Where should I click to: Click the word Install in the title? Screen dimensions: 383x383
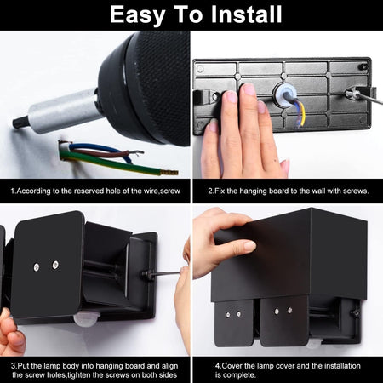click(247, 14)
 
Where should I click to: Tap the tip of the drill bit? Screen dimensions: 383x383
click(15, 123)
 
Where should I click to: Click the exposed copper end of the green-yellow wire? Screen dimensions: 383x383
click(169, 172)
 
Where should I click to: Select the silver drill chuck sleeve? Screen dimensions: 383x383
click(62, 111)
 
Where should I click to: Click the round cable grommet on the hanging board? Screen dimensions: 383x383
click(284, 94)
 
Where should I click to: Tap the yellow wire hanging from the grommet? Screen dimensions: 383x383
click(302, 112)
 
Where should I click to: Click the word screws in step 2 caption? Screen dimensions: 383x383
click(356, 191)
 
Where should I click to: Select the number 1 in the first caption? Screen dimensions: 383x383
click(13, 191)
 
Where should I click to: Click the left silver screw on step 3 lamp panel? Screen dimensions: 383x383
click(37, 266)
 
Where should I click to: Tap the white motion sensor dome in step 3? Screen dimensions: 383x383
click(85, 318)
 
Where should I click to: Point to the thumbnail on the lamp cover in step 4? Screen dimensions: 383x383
click(249, 246)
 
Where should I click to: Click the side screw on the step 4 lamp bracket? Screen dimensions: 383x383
click(355, 312)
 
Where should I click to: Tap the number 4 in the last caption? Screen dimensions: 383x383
click(217, 366)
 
